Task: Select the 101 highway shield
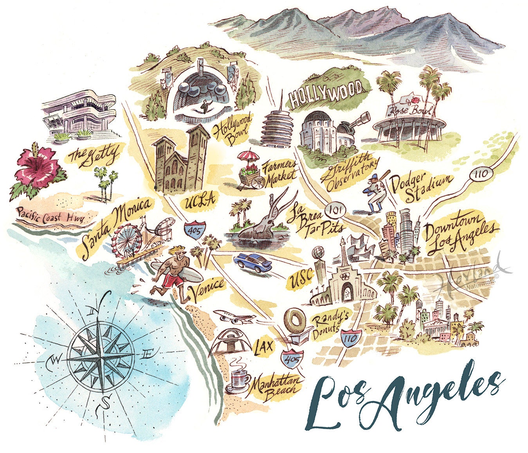[x=336, y=210]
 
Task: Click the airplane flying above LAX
[x=233, y=317]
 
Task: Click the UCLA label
[x=200, y=201]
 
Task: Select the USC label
[x=302, y=279]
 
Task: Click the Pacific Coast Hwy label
[x=50, y=216]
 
